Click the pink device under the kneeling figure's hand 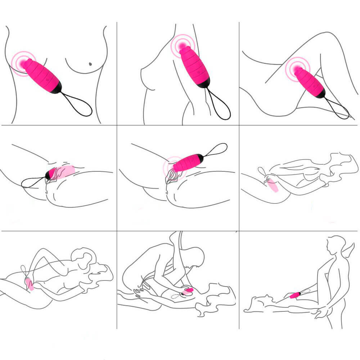tap(187, 291)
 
